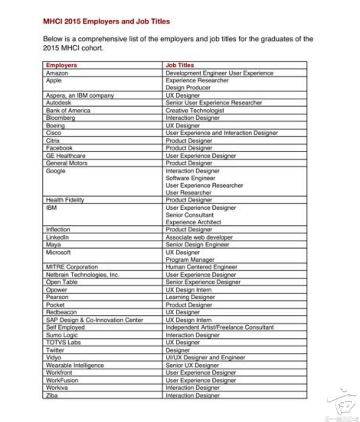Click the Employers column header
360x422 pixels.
coord(61,65)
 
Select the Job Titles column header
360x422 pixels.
coord(180,65)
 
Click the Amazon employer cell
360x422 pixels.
coord(57,73)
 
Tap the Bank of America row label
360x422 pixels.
coord(68,111)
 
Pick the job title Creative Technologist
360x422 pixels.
coord(194,111)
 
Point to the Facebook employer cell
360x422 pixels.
coord(59,148)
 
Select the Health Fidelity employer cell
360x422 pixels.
coord(65,200)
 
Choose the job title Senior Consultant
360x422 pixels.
coord(189,215)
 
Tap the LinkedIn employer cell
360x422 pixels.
coord(57,237)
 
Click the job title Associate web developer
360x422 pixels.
coord(199,237)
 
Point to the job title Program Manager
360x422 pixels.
coord(190,260)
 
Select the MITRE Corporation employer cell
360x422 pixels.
coord(72,267)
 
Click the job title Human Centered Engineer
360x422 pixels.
coord(201,267)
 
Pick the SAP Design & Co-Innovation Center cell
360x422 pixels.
coord(94,320)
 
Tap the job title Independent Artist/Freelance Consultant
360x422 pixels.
coord(219,327)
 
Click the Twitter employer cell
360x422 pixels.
coord(55,350)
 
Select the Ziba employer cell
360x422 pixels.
coord(52,396)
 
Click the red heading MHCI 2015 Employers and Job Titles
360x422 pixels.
coord(106,22)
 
